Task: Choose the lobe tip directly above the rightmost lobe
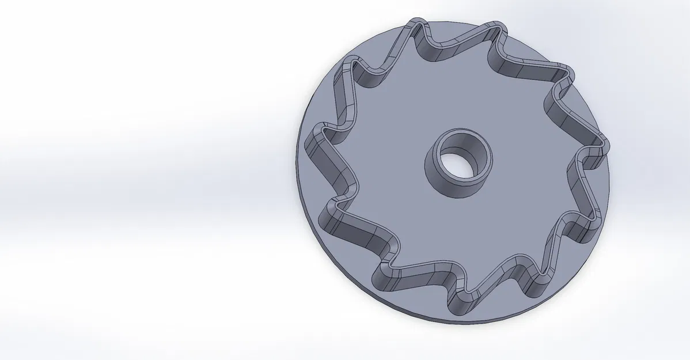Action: click(x=567, y=75)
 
